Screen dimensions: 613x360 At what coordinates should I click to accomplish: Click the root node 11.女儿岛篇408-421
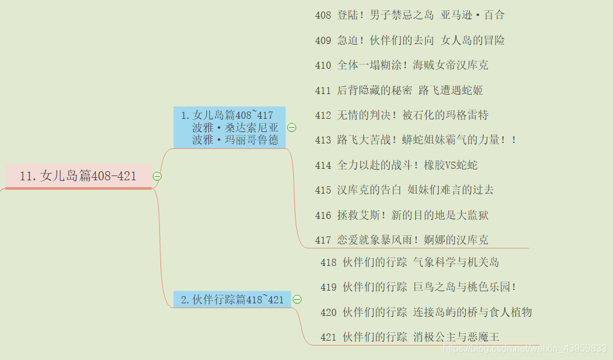pyautogui.click(x=78, y=176)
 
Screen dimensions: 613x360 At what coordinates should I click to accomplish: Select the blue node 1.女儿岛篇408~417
pyautogui.click(x=229, y=127)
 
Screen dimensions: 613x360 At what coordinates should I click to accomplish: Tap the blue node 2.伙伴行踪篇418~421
pyautogui.click(x=232, y=300)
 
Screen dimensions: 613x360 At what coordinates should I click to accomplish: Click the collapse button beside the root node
pyautogui.click(x=157, y=176)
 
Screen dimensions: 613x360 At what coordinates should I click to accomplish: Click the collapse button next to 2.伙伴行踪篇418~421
pyautogui.click(x=297, y=300)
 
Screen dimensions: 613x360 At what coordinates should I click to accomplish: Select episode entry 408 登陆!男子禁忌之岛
pyautogui.click(x=410, y=15)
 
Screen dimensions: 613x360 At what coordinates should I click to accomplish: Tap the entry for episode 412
pyautogui.click(x=401, y=115)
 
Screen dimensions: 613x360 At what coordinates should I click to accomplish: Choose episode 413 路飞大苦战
pyautogui.click(x=416, y=140)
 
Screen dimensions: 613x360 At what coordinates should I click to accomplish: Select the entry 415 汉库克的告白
pyautogui.click(x=404, y=190)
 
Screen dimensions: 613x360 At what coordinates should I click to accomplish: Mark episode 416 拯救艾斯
pyautogui.click(x=401, y=215)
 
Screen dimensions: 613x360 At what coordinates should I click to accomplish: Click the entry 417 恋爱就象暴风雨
pyautogui.click(x=401, y=240)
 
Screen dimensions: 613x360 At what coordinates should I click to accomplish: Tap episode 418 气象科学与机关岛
pyautogui.click(x=410, y=262)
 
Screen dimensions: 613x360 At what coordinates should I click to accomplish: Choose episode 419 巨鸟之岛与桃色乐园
pyautogui.click(x=418, y=287)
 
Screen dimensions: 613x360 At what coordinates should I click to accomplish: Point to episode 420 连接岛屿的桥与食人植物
pyautogui.click(x=426, y=312)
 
